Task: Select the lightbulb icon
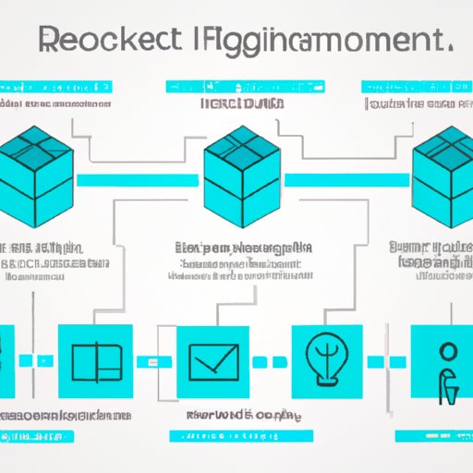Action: pyautogui.click(x=328, y=361)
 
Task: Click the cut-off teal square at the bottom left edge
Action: pyautogui.click(x=6, y=361)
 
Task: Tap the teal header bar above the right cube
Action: pyautogui.click(x=414, y=87)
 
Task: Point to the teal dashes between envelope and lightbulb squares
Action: pyautogui.click(x=267, y=361)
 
